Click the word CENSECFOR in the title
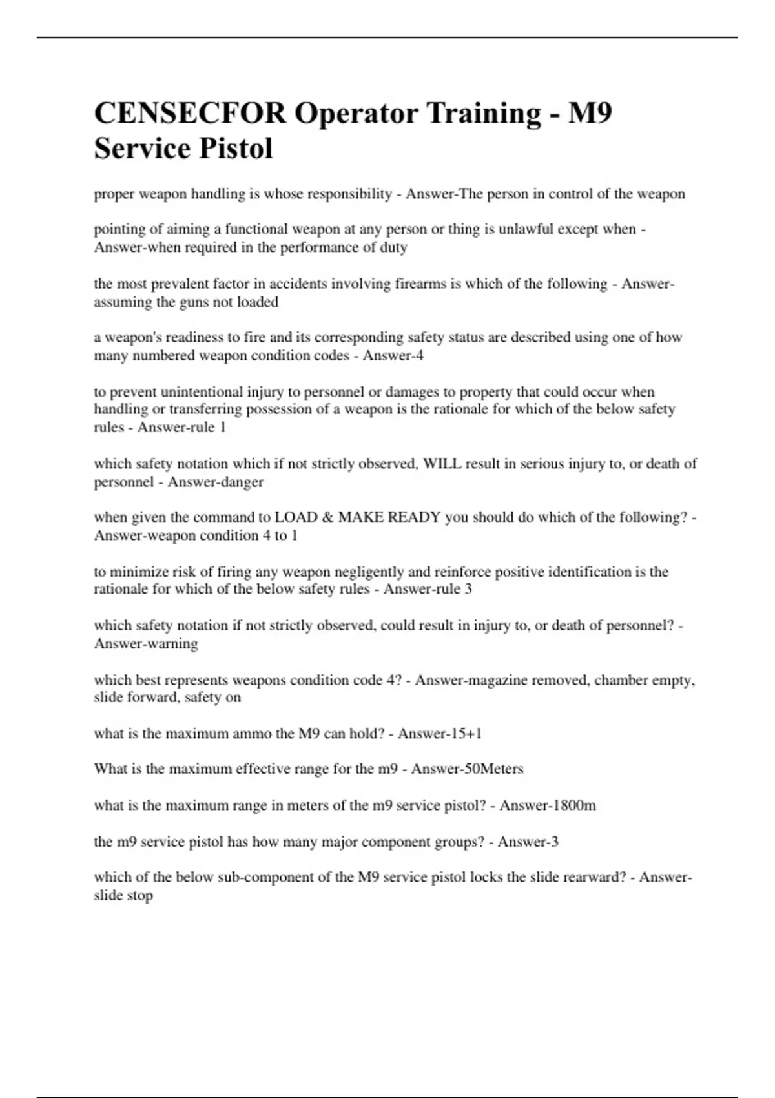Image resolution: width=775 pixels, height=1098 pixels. (x=189, y=114)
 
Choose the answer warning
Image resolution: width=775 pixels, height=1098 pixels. (x=172, y=644)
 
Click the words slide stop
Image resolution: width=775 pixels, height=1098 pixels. (x=123, y=896)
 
